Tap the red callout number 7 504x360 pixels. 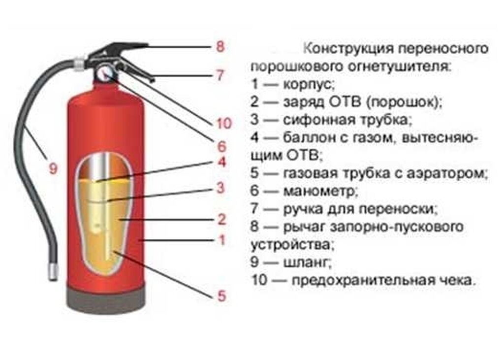tap(220, 75)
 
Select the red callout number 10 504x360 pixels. tap(224, 123)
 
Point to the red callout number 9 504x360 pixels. tap(53, 168)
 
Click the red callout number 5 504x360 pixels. tap(222, 296)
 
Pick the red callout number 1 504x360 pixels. tap(222, 240)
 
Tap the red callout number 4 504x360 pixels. tap(222, 162)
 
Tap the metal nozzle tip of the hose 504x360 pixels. tap(53, 271)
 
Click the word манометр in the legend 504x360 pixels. tap(320, 191)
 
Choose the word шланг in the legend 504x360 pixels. tap(307, 262)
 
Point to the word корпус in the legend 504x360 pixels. tap(309, 85)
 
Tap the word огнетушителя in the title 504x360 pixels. tap(400, 66)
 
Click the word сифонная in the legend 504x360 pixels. tap(317, 120)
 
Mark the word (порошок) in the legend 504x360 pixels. tap(404, 102)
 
